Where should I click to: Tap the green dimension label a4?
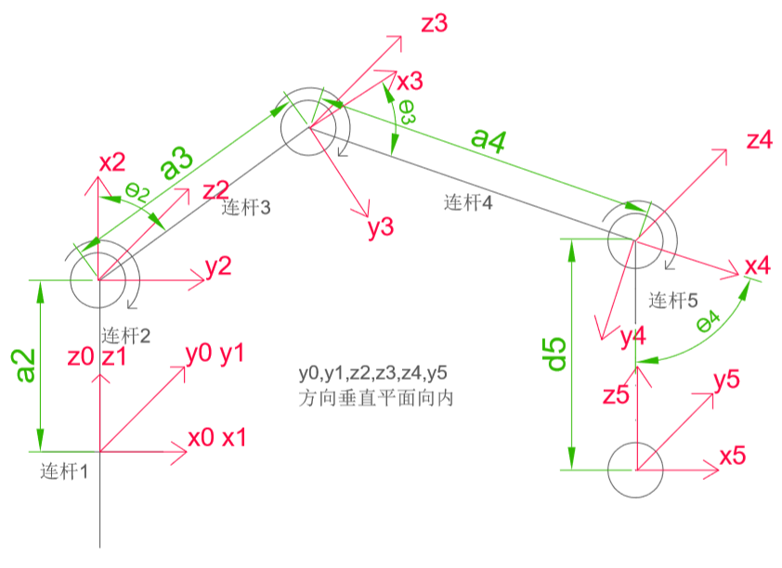pyautogui.click(x=489, y=140)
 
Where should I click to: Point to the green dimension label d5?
pyautogui.click(x=555, y=352)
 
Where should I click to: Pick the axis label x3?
pyautogui.click(x=410, y=82)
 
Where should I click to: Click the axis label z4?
pyautogui.click(x=759, y=141)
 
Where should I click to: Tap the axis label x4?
pyautogui.click(x=758, y=266)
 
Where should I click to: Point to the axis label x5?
pyautogui.click(x=733, y=457)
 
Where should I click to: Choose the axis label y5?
pyautogui.click(x=726, y=379)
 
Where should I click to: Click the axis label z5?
pyautogui.click(x=616, y=394)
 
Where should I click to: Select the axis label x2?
pyautogui.click(x=111, y=163)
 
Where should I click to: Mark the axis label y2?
pyautogui.click(x=218, y=268)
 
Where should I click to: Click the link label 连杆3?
pyautogui.click(x=246, y=208)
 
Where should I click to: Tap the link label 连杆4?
pyautogui.click(x=469, y=201)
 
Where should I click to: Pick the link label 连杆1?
pyautogui.click(x=64, y=471)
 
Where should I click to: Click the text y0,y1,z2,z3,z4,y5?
pyautogui.click(x=373, y=374)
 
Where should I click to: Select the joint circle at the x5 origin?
pyautogui.click(x=635, y=470)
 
